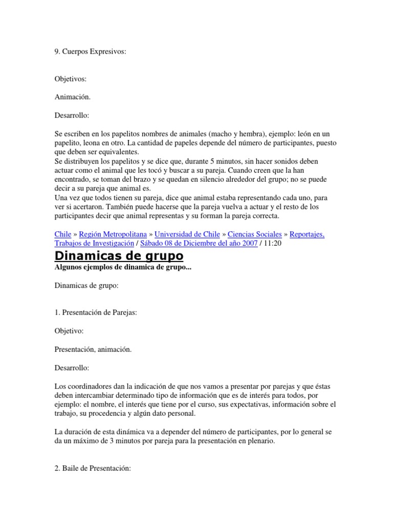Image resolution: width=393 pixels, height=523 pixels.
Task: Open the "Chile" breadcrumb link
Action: [x=62, y=234]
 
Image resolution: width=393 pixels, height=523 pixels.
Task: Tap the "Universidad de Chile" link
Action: [x=186, y=234]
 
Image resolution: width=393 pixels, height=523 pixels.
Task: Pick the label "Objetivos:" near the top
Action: [x=71, y=79]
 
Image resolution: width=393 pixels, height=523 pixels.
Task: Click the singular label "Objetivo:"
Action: [x=69, y=331]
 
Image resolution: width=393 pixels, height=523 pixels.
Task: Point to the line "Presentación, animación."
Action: [x=93, y=349]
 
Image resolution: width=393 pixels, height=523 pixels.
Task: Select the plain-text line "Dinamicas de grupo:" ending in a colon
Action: [x=86, y=286]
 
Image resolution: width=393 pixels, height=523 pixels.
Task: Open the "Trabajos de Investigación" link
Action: [x=94, y=243]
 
